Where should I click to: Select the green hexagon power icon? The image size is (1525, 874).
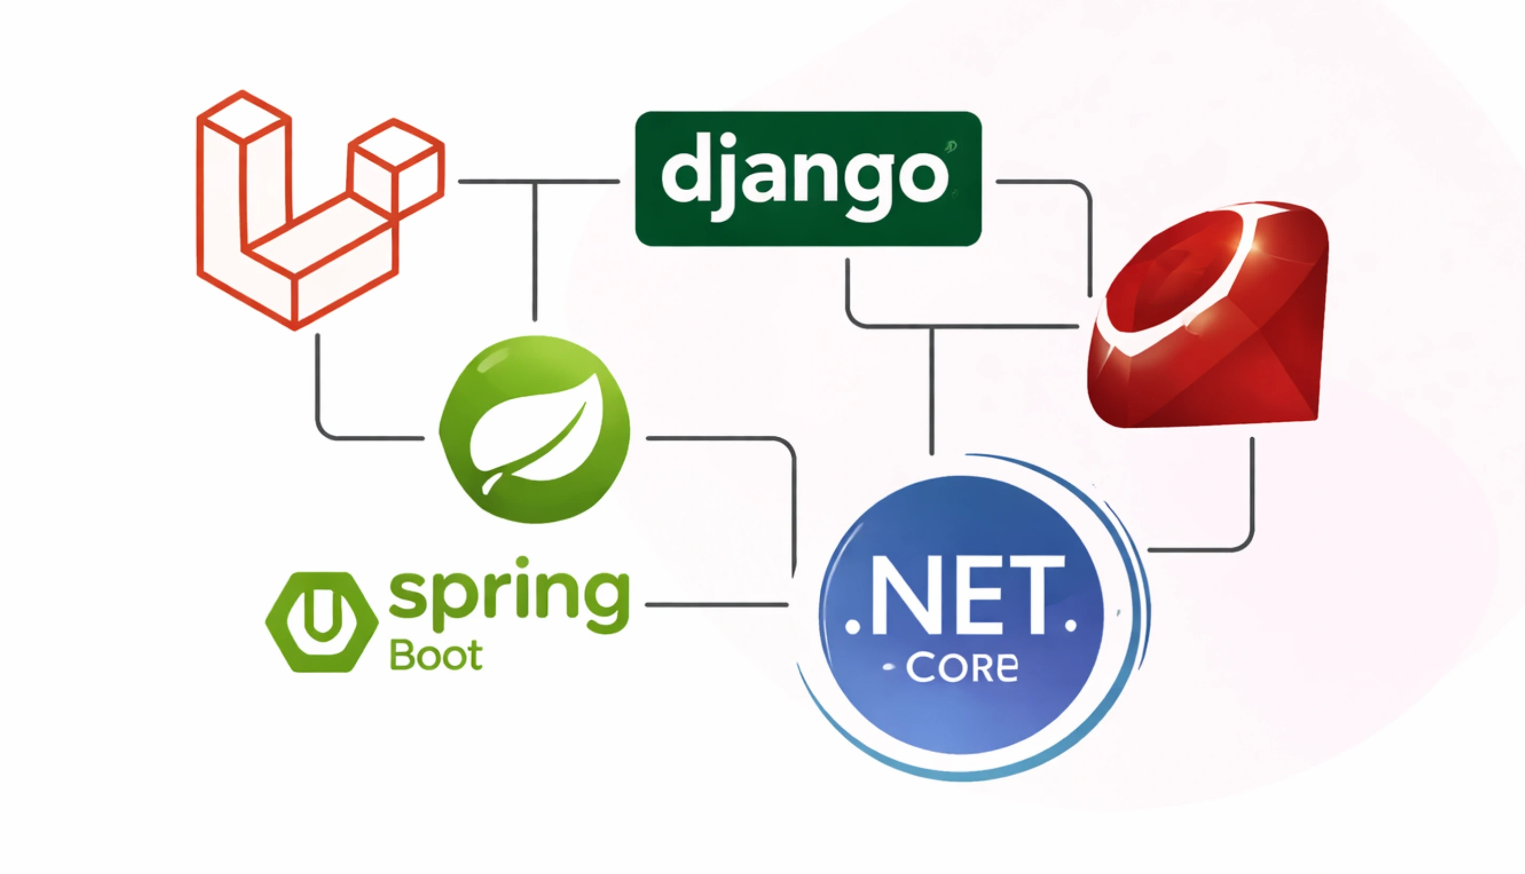tap(322, 622)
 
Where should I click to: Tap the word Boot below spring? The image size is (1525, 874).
tap(436, 655)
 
